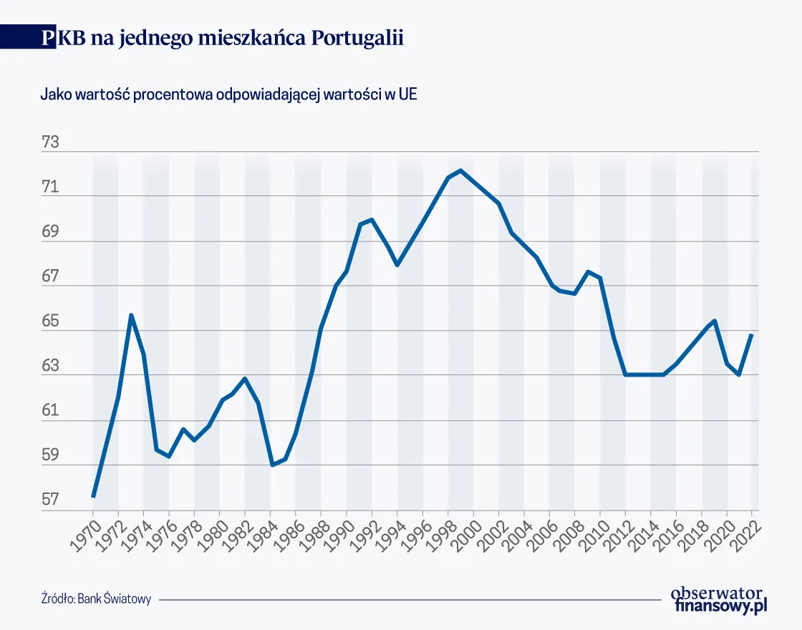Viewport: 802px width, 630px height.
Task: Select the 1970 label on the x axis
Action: click(x=83, y=533)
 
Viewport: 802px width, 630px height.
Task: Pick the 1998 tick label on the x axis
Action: click(x=438, y=533)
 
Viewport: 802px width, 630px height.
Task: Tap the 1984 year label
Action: click(x=261, y=533)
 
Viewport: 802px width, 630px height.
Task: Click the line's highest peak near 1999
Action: click(x=460, y=170)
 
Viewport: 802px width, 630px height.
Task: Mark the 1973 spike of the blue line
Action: click(x=131, y=315)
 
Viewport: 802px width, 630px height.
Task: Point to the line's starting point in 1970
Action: click(x=93, y=496)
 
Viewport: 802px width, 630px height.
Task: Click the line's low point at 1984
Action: click(x=271, y=465)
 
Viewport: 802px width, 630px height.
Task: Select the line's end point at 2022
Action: click(x=752, y=334)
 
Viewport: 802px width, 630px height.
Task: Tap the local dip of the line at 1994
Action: click(x=397, y=265)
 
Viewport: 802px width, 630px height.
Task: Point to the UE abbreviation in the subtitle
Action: click(x=408, y=95)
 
